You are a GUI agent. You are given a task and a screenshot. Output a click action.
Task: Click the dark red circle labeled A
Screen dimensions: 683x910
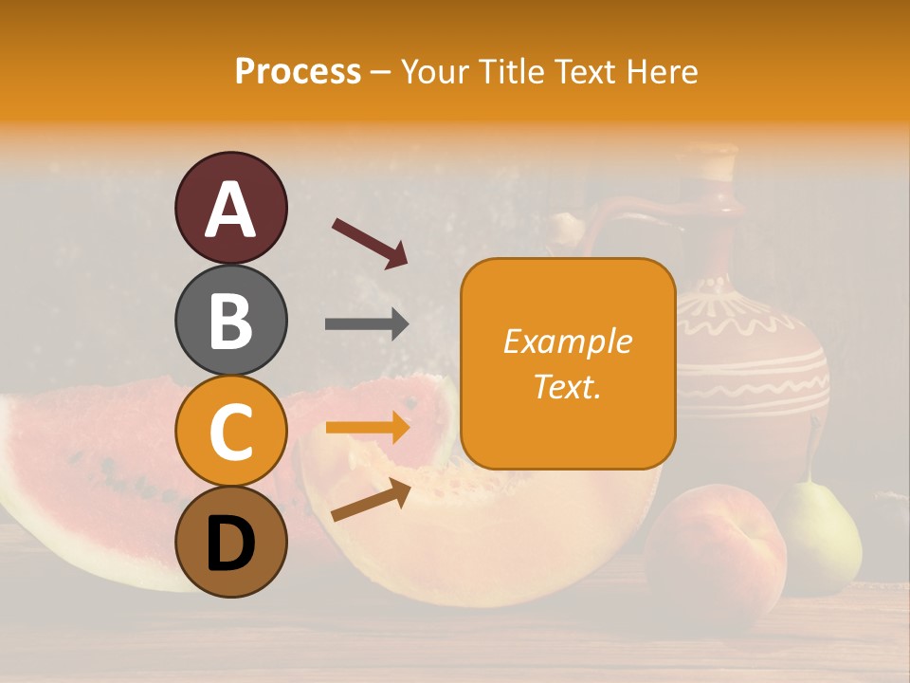(231, 209)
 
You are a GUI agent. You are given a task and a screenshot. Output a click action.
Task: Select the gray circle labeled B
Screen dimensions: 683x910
(231, 320)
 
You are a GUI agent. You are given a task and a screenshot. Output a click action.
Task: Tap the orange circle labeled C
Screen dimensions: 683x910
(231, 431)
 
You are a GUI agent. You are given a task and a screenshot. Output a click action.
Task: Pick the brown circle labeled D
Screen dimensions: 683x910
(231, 542)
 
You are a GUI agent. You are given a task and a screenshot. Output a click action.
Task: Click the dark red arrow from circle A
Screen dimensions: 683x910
(370, 243)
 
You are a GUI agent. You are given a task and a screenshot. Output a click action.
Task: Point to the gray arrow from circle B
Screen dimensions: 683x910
(367, 324)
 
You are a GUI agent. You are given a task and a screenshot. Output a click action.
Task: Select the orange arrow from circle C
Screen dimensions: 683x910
(367, 428)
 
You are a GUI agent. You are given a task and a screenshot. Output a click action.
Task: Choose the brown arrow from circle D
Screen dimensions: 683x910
(371, 500)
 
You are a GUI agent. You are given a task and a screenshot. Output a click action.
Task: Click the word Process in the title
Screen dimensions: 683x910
(298, 71)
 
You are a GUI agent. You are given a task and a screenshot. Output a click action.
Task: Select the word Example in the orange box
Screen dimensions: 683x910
(567, 341)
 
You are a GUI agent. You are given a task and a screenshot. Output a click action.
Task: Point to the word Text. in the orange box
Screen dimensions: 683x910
(567, 386)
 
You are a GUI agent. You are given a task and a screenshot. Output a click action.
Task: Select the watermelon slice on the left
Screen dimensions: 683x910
(85, 474)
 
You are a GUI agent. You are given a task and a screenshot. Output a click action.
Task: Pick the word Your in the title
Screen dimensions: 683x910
(434, 71)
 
